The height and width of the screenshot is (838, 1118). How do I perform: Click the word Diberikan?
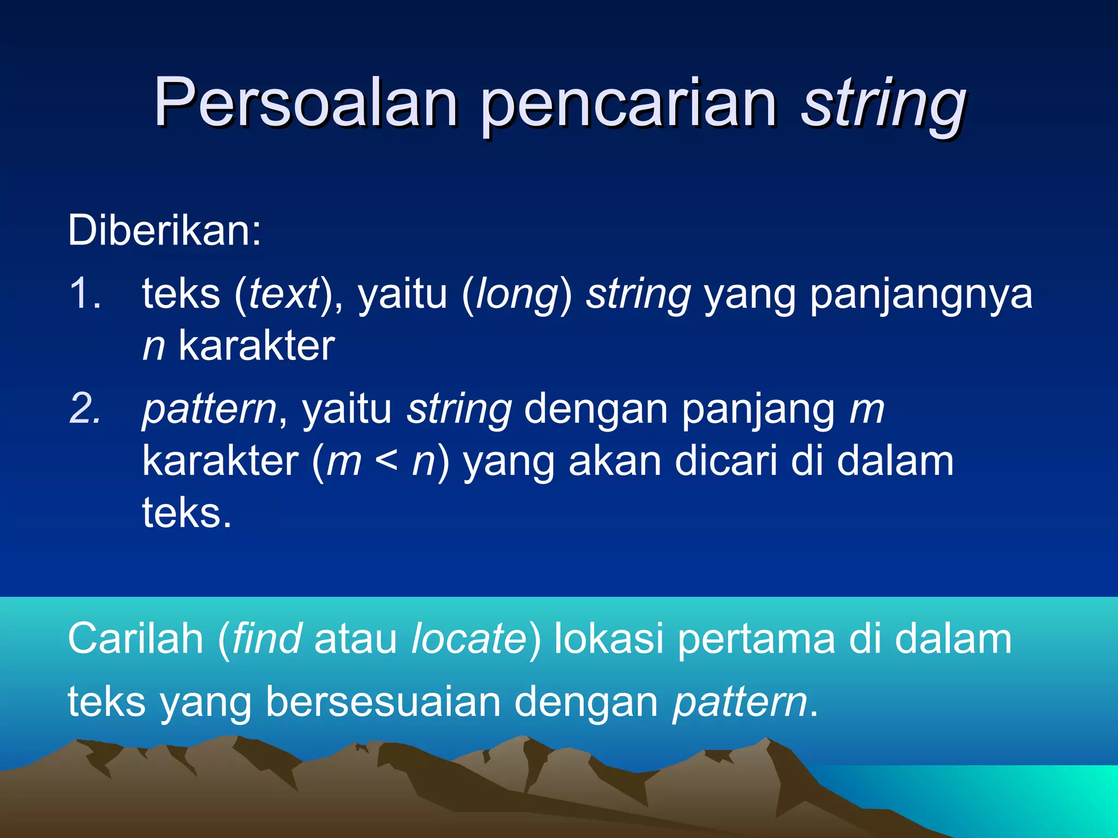pyautogui.click(x=164, y=231)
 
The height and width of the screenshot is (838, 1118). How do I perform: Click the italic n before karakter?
pyautogui.click(x=153, y=347)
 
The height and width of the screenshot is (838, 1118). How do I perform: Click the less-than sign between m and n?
pyautogui.click(x=386, y=462)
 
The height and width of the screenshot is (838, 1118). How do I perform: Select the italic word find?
pyautogui.click(x=266, y=639)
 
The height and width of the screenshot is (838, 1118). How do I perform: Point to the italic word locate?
pyautogui.click(x=469, y=639)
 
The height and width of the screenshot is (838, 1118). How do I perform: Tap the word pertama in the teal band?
pyautogui.click(x=756, y=640)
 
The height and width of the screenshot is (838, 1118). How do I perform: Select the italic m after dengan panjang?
pyautogui.click(x=866, y=410)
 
